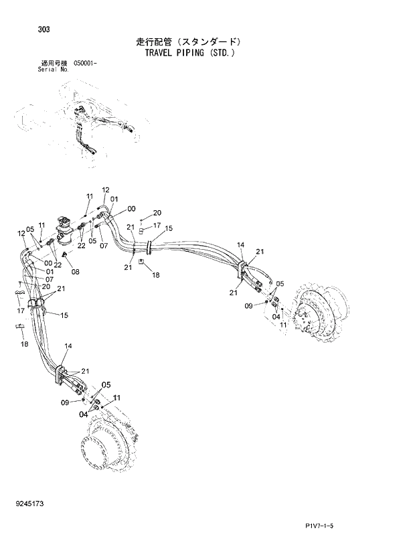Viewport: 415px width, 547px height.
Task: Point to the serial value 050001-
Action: tap(86, 64)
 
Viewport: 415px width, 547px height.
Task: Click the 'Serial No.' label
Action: tap(54, 70)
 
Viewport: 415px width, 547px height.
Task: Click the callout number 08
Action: tap(75, 272)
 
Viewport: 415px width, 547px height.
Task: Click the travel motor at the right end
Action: tap(319, 312)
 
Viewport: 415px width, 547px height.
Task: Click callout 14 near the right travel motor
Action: tap(241, 245)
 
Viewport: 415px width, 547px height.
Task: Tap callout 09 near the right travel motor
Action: tap(248, 306)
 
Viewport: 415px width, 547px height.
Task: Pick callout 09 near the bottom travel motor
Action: tap(65, 402)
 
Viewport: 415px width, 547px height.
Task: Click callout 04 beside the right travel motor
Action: tap(276, 317)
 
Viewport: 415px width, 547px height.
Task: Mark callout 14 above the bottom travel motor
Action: tap(67, 345)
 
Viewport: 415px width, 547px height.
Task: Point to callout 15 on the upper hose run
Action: tap(169, 228)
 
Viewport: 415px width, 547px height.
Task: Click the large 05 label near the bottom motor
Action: tap(105, 385)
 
